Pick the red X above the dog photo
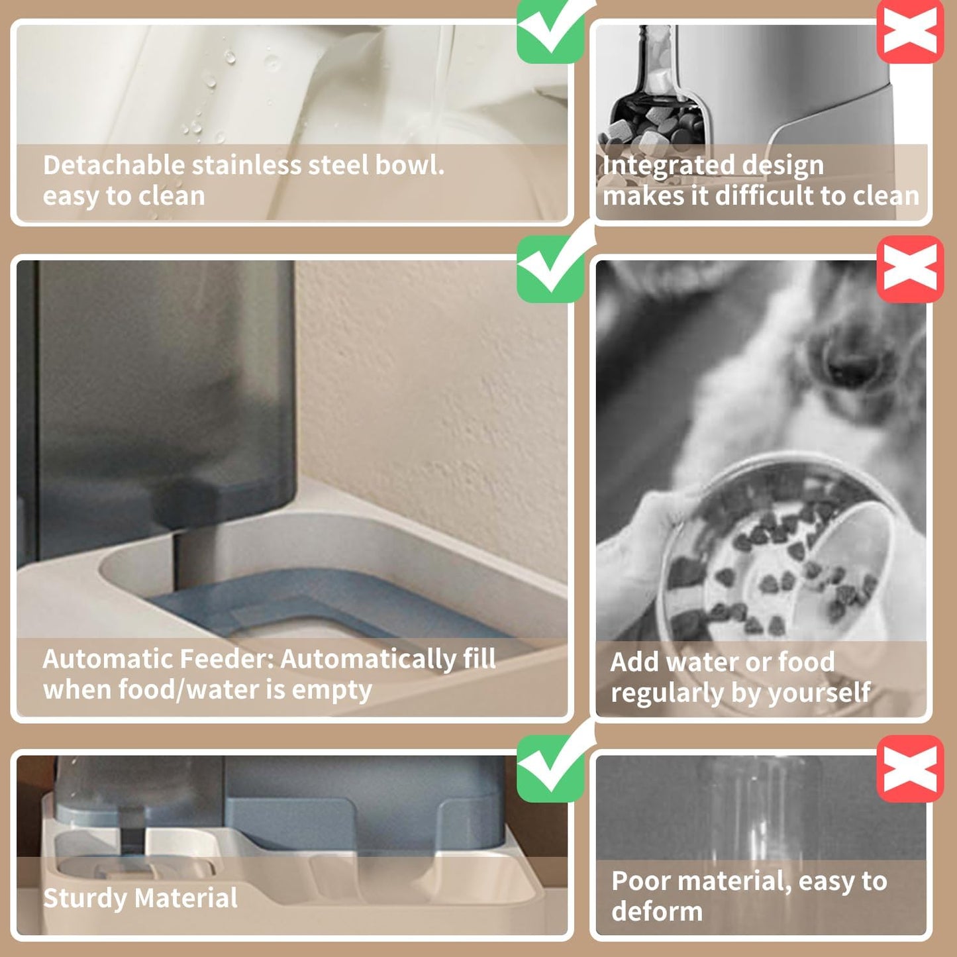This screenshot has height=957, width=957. click(x=910, y=268)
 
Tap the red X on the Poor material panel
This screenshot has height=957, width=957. click(x=910, y=768)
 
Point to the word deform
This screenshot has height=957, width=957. click(x=657, y=912)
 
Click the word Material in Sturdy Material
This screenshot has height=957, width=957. click(x=186, y=899)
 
